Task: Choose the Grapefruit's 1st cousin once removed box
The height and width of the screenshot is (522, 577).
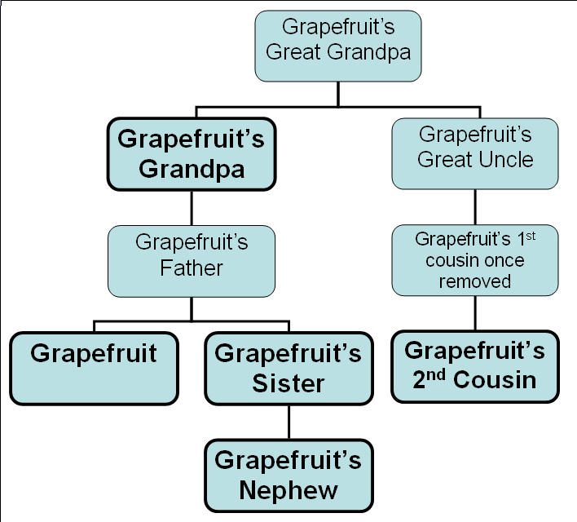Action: [474, 260]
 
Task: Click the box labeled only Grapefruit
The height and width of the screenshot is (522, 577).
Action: [94, 367]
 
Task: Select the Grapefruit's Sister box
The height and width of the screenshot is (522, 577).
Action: [288, 368]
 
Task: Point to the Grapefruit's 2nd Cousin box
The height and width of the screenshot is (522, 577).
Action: [474, 365]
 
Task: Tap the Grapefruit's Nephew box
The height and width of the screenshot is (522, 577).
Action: [288, 475]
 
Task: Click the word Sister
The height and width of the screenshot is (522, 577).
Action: [288, 383]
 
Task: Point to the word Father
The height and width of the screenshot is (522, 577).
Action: [191, 267]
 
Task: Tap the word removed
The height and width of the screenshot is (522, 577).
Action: [474, 281]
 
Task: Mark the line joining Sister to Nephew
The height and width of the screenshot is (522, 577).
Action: [288, 422]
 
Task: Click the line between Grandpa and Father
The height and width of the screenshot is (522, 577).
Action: [191, 208]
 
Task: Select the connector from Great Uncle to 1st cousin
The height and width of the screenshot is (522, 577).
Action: [474, 206]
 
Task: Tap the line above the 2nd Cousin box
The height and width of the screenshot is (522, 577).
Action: [474, 312]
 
